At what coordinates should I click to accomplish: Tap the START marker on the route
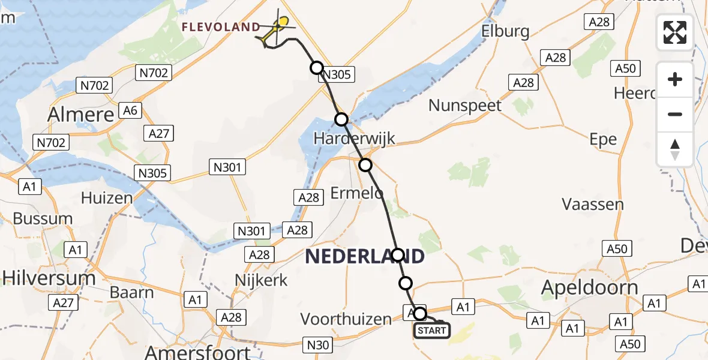pyautogui.click(x=431, y=331)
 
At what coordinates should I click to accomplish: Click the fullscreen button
pyautogui.click(x=675, y=32)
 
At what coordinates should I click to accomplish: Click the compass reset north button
pyautogui.click(x=675, y=149)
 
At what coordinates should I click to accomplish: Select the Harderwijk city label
pyautogui.click(x=355, y=139)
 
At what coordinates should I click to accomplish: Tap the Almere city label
pyautogui.click(x=81, y=114)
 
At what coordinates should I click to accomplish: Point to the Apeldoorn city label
pyautogui.click(x=590, y=288)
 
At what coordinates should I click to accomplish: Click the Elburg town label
pyautogui.click(x=505, y=31)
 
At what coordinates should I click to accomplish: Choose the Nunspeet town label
pyautogui.click(x=465, y=106)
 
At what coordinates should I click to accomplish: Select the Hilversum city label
pyautogui.click(x=49, y=278)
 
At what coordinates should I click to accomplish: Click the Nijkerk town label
pyautogui.click(x=262, y=280)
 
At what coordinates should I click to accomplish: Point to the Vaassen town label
pyautogui.click(x=593, y=204)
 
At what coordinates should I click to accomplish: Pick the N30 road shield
pyautogui.click(x=318, y=344)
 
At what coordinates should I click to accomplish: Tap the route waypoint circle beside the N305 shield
pyautogui.click(x=317, y=67)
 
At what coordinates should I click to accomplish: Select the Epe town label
pyautogui.click(x=603, y=139)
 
